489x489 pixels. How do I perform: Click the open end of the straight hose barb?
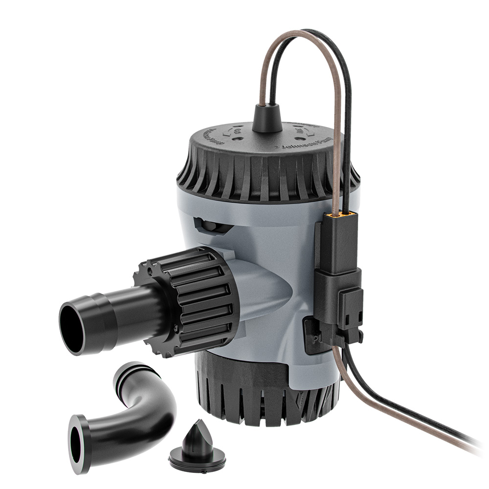[72, 327]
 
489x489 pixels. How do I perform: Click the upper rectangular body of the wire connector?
[337, 244]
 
